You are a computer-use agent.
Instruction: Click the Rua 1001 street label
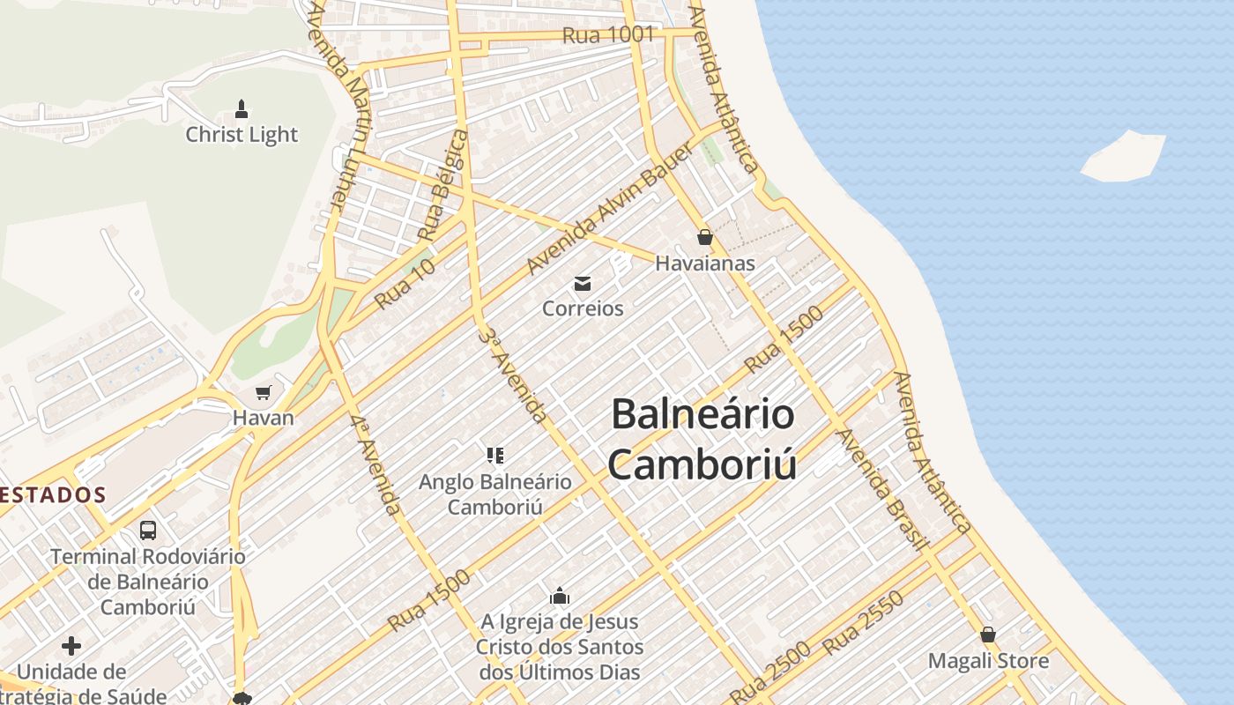(x=608, y=35)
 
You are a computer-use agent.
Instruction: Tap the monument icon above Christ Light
(x=242, y=110)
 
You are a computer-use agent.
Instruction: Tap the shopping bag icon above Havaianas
(x=704, y=237)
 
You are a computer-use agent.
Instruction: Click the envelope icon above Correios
(x=583, y=284)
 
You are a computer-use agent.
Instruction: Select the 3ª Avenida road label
(x=514, y=375)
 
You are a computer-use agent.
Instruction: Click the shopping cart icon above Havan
(x=263, y=392)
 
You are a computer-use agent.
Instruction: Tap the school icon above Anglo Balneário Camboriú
(x=494, y=456)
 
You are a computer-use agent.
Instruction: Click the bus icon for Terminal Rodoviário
(x=148, y=531)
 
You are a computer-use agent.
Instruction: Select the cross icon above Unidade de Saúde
(x=71, y=646)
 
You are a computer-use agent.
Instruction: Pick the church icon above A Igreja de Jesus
(x=560, y=597)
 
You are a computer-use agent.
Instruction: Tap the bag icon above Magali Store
(x=988, y=634)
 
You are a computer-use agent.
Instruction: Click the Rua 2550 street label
(x=863, y=623)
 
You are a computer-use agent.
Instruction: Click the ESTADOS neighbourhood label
(x=53, y=495)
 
